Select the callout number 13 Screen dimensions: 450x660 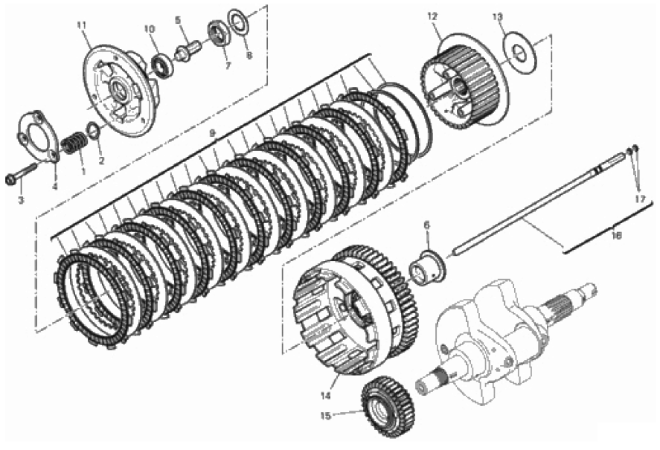pyautogui.click(x=498, y=16)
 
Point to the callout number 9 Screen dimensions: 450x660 pyautogui.click(x=213, y=132)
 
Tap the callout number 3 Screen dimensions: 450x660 pyautogui.click(x=21, y=200)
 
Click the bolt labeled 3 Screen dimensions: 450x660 pyautogui.click(x=22, y=176)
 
